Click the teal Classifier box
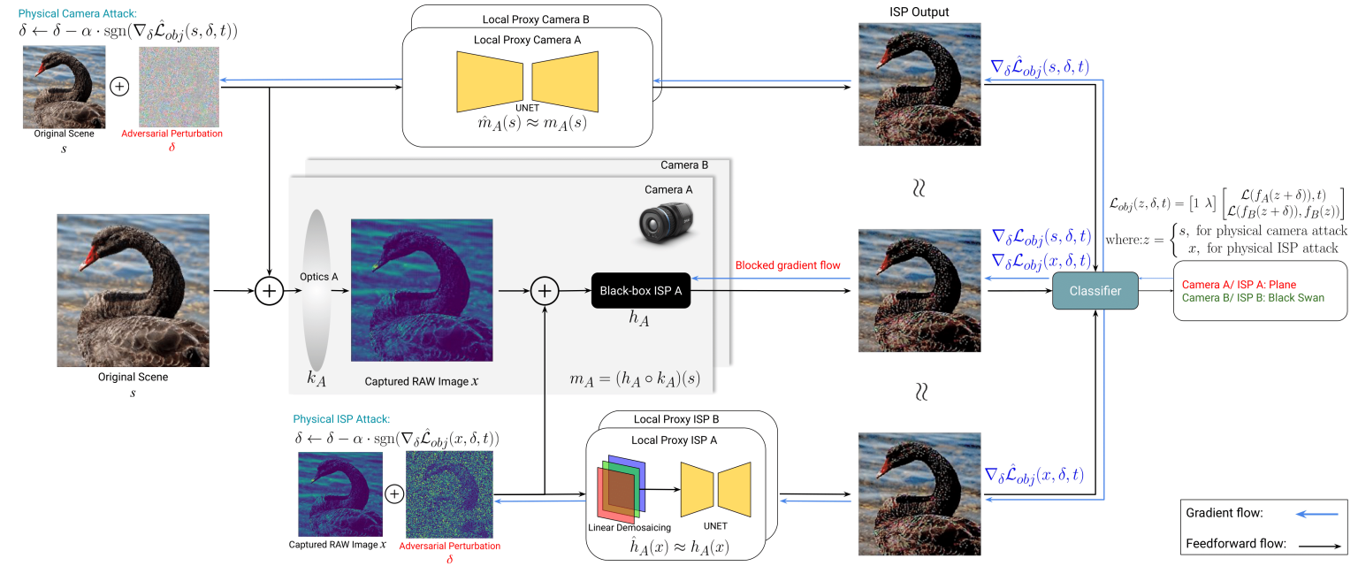pyautogui.click(x=1095, y=291)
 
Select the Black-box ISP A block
pyautogui.click(x=641, y=291)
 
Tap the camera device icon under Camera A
pyautogui.click(x=666, y=222)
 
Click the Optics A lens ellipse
pyautogui.click(x=317, y=290)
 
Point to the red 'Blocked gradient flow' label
pyautogui.click(x=788, y=265)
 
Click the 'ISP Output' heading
pyautogui.click(x=919, y=11)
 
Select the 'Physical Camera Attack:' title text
pyautogui.click(x=78, y=13)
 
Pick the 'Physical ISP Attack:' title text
pyautogui.click(x=341, y=418)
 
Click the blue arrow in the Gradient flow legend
pyautogui.click(x=1316, y=514)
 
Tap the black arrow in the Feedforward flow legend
pyautogui.click(x=1320, y=546)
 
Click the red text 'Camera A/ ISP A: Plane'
pyautogui.click(x=1239, y=285)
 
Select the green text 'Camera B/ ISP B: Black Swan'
pyautogui.click(x=1253, y=298)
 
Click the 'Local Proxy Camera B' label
pyautogui.click(x=536, y=19)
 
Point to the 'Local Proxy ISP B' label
pyautogui.click(x=676, y=419)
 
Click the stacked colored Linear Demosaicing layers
pyautogui.click(x=622, y=488)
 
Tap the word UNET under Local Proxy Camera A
pyautogui.click(x=527, y=107)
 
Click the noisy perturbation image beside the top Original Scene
pyautogui.click(x=179, y=87)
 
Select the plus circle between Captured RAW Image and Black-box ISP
pyautogui.click(x=545, y=291)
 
